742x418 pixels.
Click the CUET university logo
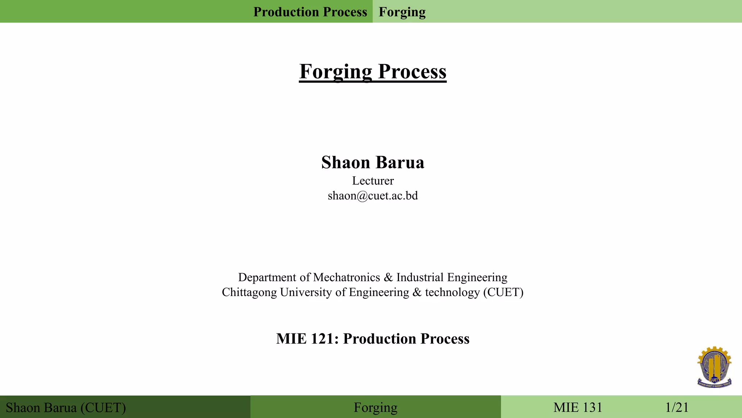point(714,367)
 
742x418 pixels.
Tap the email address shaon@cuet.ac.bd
point(372,196)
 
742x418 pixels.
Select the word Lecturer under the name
point(372,181)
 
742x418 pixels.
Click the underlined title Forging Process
point(372,71)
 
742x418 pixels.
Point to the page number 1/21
point(677,407)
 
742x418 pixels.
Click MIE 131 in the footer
point(578,407)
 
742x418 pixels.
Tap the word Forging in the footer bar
point(375,407)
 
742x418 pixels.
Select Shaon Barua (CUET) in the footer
point(66,407)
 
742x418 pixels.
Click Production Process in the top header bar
point(310,12)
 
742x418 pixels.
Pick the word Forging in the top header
point(402,12)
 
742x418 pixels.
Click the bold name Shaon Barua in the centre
point(372,162)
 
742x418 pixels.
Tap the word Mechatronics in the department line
point(346,277)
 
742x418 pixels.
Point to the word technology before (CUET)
point(452,292)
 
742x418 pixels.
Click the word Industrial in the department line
point(420,277)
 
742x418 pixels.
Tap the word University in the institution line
point(306,292)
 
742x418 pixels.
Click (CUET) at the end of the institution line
point(503,292)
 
